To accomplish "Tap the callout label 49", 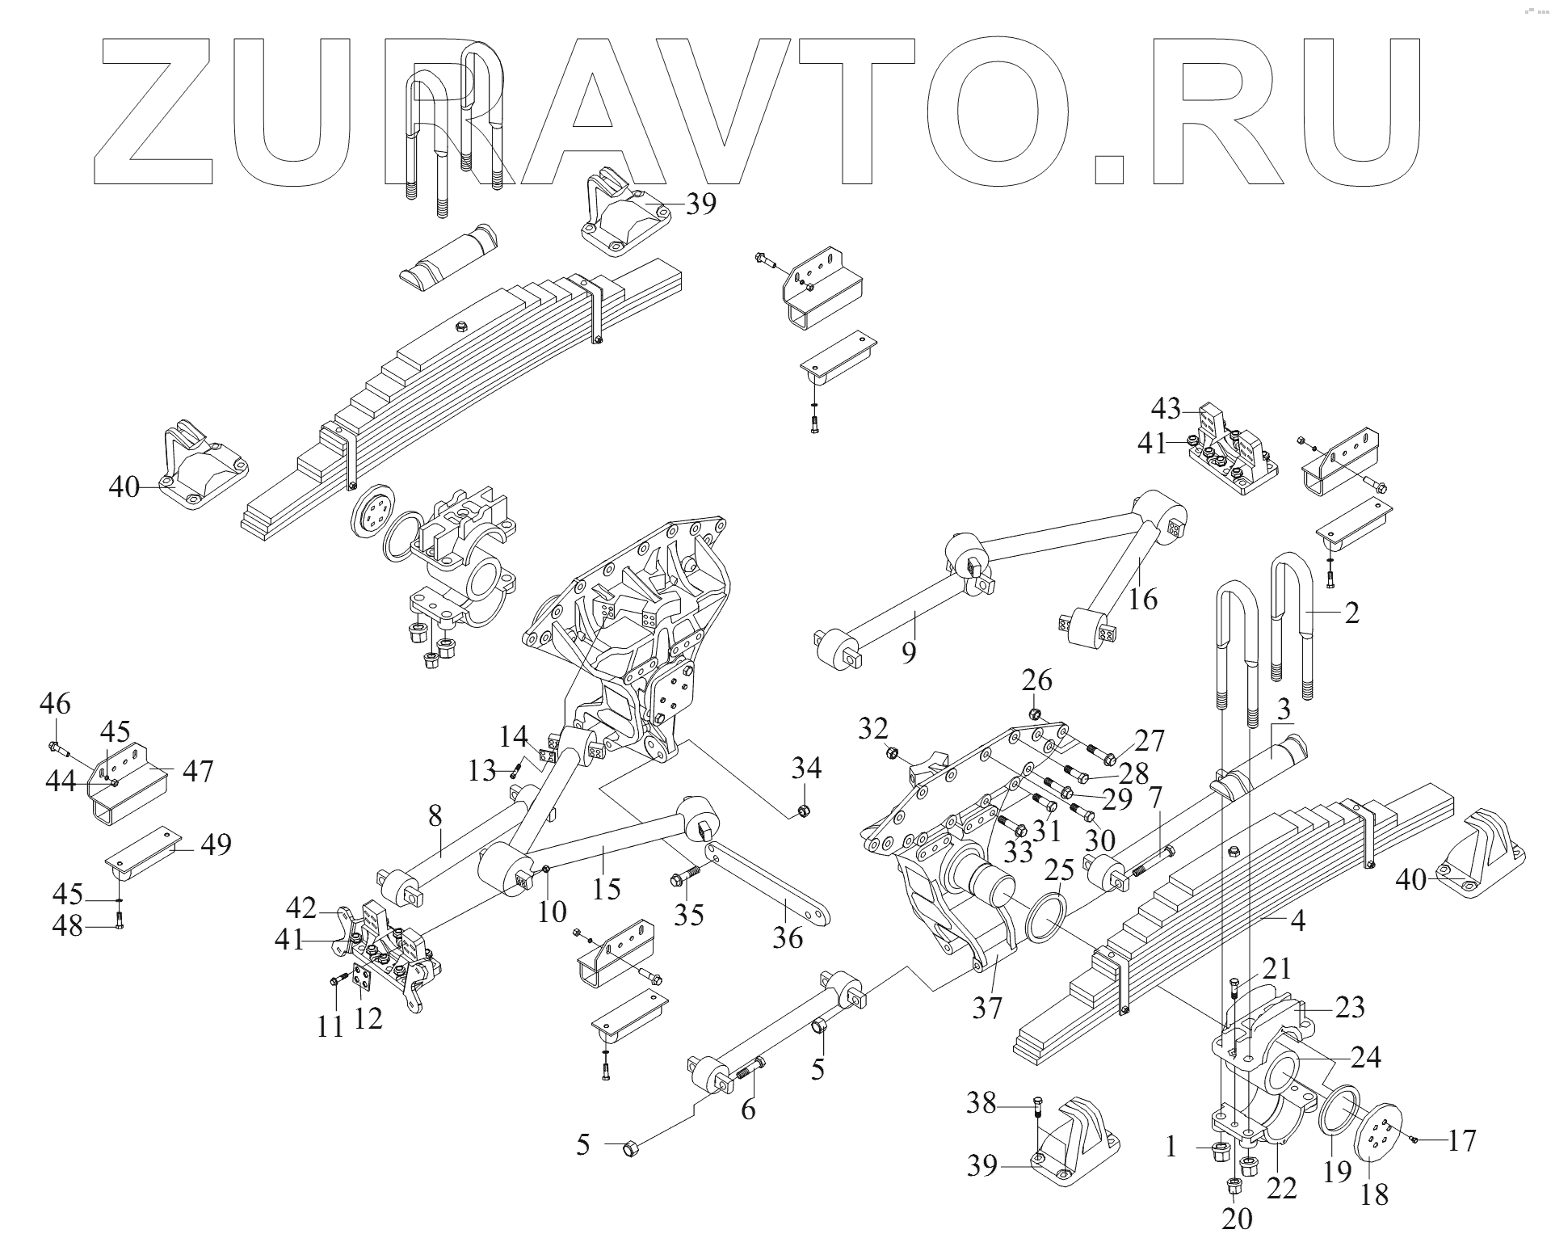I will (214, 844).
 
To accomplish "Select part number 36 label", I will (788, 937).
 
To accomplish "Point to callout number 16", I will (1143, 600).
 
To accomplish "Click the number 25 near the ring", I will (1059, 870).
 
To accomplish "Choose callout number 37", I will (987, 1008).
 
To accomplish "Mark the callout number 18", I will (1374, 1194).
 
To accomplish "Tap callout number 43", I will (1166, 408).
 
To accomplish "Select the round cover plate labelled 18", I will (1379, 1137).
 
